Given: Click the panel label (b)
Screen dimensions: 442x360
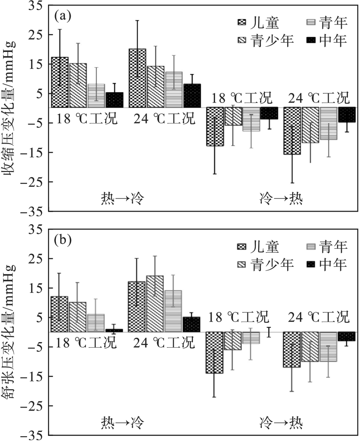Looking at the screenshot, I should pos(62,240).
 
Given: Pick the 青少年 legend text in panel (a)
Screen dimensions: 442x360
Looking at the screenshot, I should pos(272,41).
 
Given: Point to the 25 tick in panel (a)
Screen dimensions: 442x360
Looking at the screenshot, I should pos(37,34).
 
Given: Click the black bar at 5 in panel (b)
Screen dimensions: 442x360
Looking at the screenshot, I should pos(191,325).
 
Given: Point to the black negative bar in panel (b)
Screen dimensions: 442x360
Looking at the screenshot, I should pos(346,336).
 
